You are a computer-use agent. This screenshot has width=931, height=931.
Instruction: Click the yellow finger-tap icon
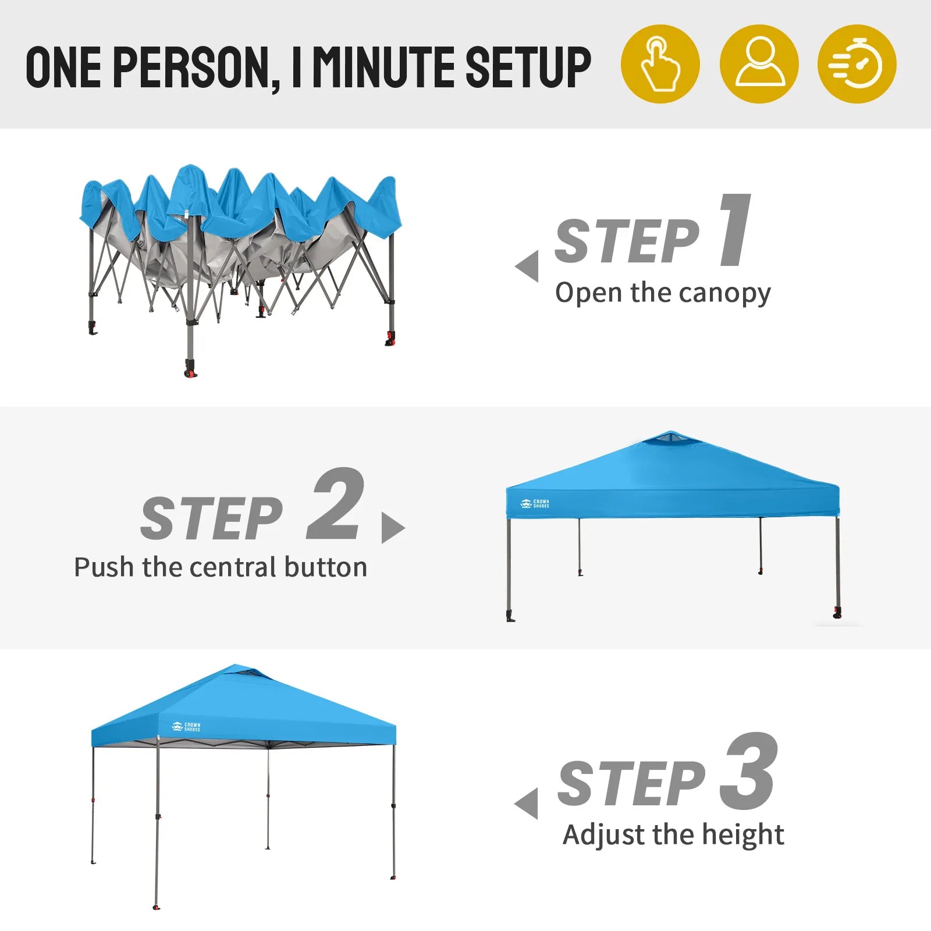point(660,64)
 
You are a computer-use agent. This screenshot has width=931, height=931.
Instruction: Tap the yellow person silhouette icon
point(759,64)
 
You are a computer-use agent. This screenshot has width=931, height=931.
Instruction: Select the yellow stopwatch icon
point(857,64)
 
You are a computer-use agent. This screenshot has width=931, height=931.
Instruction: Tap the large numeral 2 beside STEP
point(336,504)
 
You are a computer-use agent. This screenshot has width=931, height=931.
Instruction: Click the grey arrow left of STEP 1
point(527,266)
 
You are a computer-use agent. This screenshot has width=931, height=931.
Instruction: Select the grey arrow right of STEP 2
point(393,528)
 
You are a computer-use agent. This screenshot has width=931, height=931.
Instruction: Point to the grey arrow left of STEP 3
point(527,804)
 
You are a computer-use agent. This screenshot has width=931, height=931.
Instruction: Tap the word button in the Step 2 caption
point(326,567)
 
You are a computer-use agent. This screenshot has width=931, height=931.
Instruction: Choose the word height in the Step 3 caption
point(743,835)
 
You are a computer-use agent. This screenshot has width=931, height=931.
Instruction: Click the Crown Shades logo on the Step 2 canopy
point(534,503)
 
